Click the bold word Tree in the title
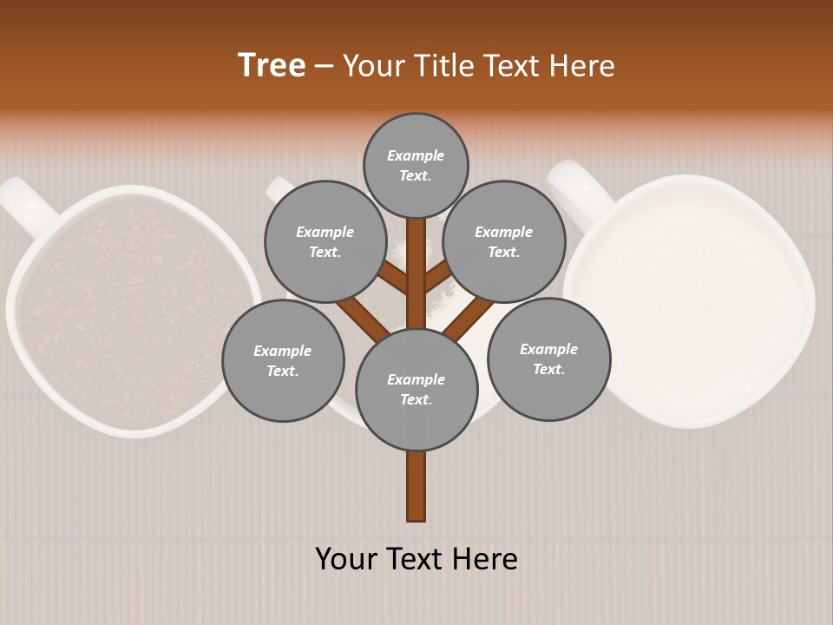pos(272,66)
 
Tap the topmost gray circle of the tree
pos(416,165)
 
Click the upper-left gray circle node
pos(325,241)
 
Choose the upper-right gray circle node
pos(504,241)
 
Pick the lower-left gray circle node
pos(283,360)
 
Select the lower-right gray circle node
pos(549,359)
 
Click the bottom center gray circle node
pos(416,390)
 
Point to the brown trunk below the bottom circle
pos(416,486)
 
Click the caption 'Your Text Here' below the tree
pos(416,559)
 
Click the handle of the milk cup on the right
pos(577,186)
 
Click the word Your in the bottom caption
pos(348,559)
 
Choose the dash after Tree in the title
pos(325,67)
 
